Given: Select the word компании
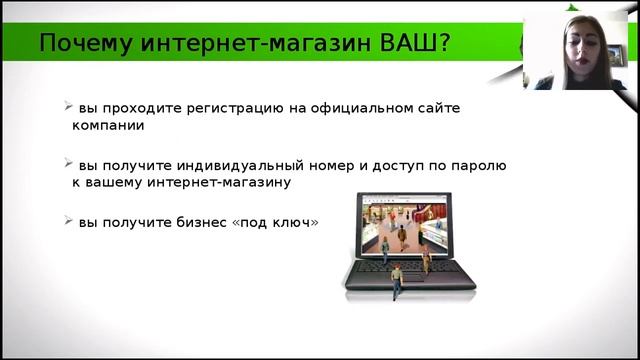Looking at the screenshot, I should (108, 127).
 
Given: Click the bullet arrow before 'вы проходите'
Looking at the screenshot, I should (67, 105).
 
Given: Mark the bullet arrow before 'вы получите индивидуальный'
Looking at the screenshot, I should (67, 162).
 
